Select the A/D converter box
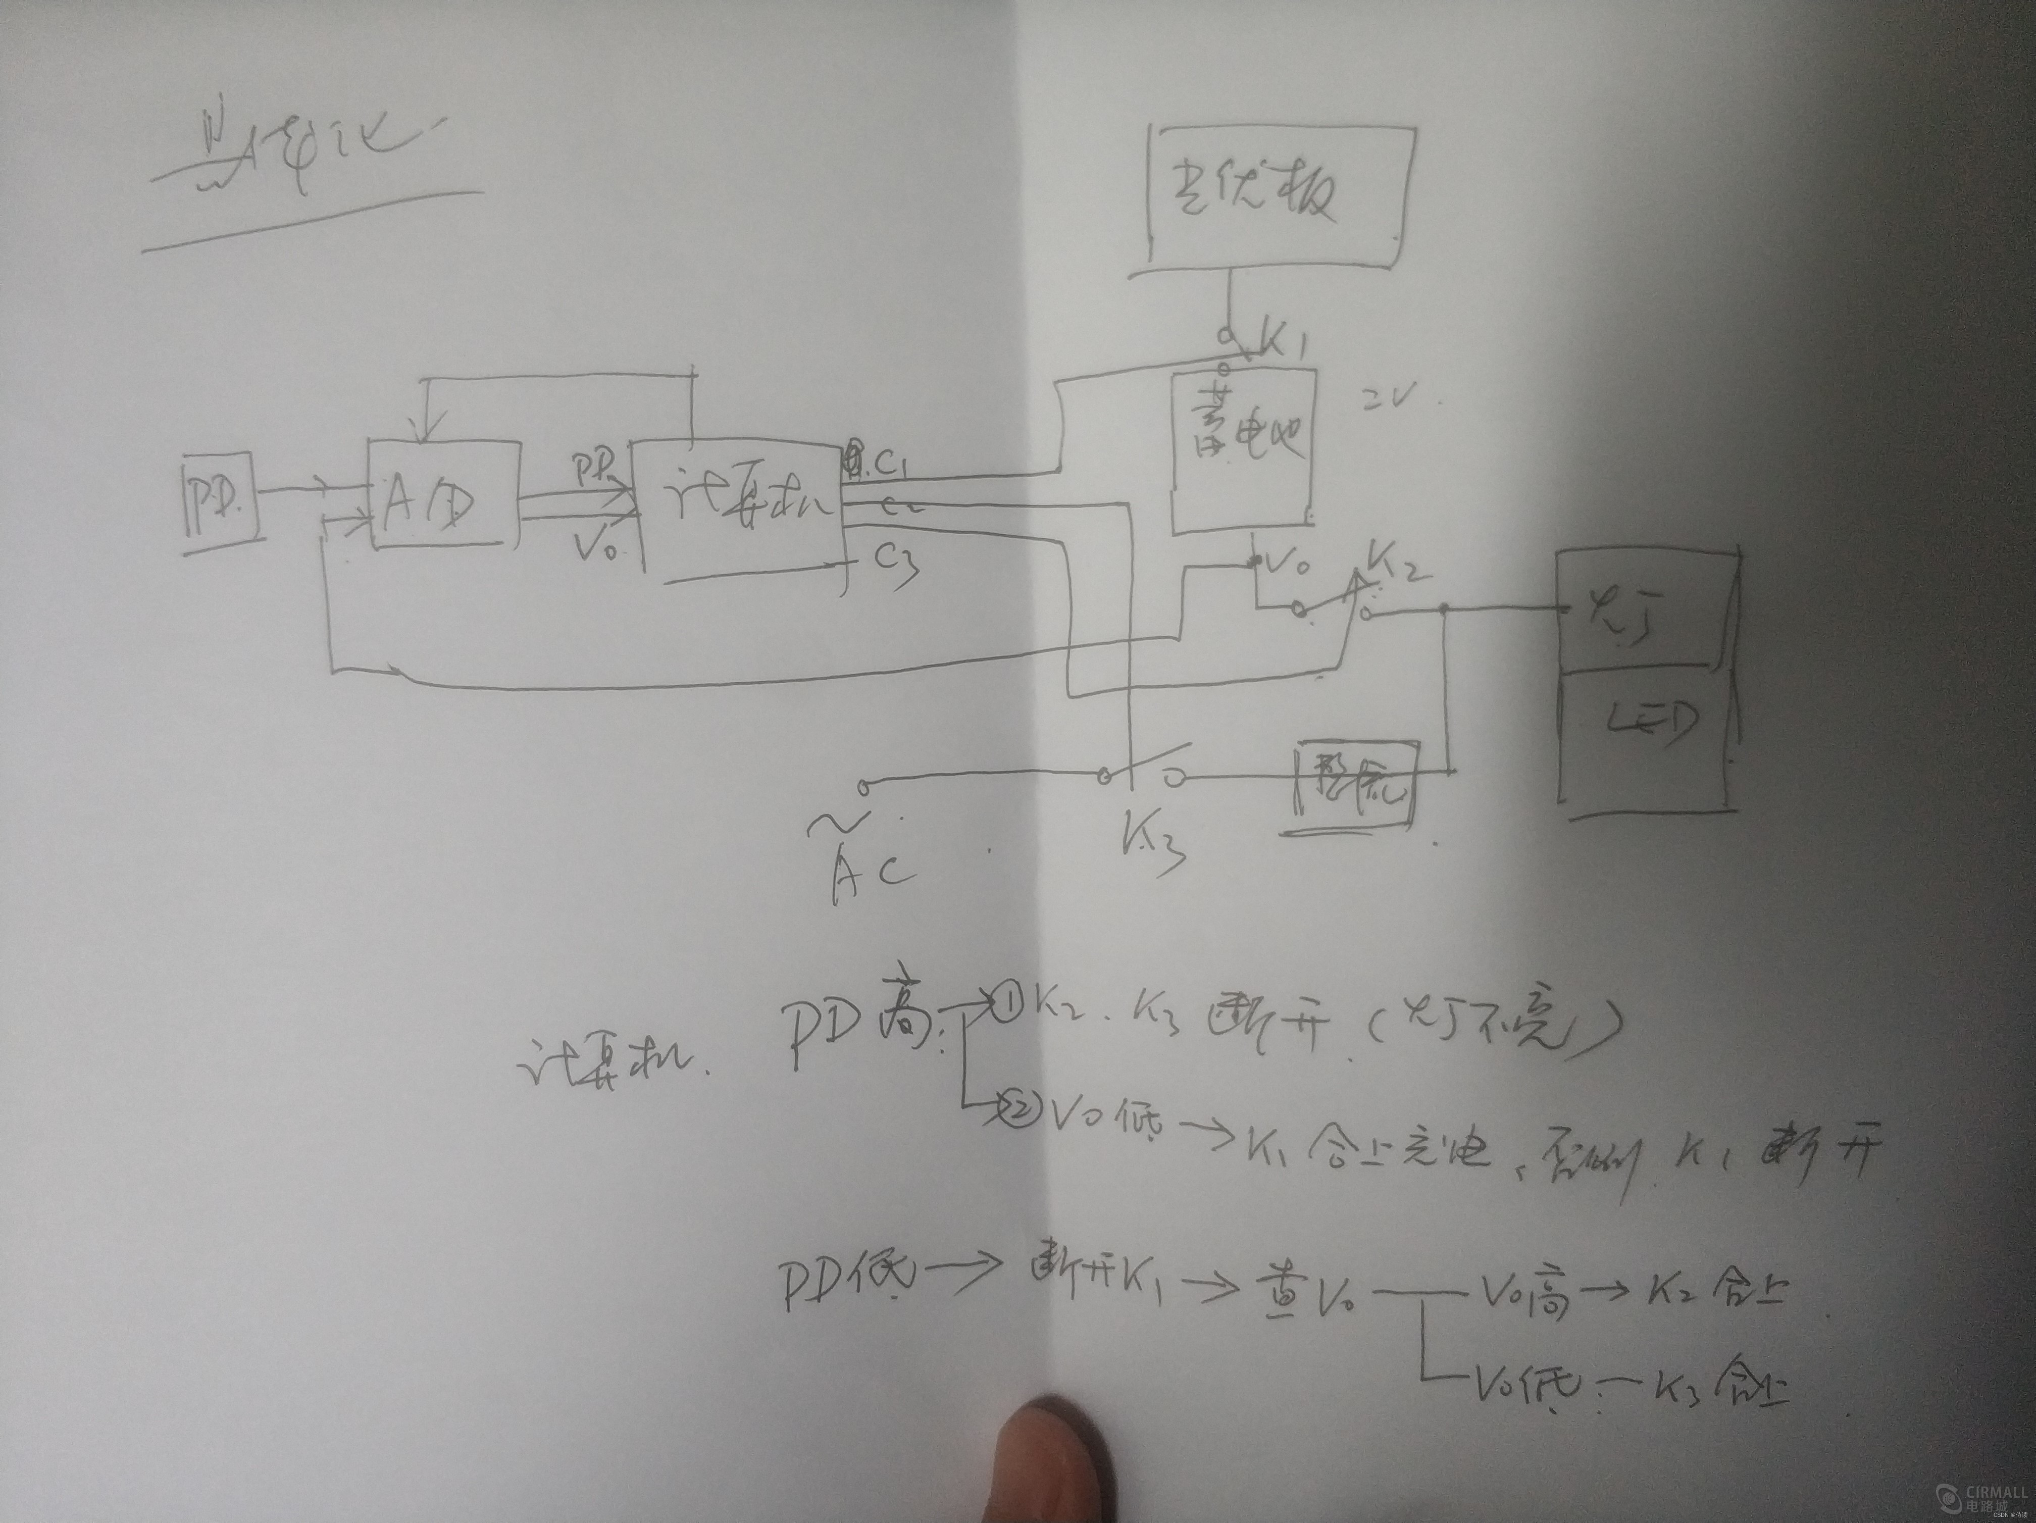point(442,495)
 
